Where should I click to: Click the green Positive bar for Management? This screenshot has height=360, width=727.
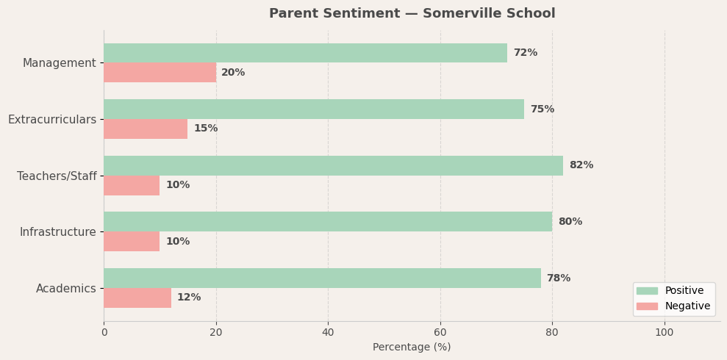305,53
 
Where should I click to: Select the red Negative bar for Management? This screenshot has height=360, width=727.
160,73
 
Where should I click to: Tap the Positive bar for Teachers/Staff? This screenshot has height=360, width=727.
333,165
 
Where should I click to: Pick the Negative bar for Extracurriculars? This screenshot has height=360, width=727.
146,129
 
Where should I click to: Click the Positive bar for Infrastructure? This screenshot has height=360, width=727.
327,222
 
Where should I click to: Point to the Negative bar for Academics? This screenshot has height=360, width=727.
137,298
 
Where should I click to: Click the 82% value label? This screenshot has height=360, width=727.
581,165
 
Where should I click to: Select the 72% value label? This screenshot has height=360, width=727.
525,53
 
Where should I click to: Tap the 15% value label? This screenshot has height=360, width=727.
205,129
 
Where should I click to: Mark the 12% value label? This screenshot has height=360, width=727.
188,298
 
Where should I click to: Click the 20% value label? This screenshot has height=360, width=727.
233,73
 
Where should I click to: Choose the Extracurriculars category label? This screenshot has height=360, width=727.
52,119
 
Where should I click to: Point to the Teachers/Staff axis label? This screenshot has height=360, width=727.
57,176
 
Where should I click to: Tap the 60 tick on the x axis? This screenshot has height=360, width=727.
440,332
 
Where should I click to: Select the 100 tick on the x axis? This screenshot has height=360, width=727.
665,332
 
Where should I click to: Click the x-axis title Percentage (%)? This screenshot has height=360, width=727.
412,347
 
